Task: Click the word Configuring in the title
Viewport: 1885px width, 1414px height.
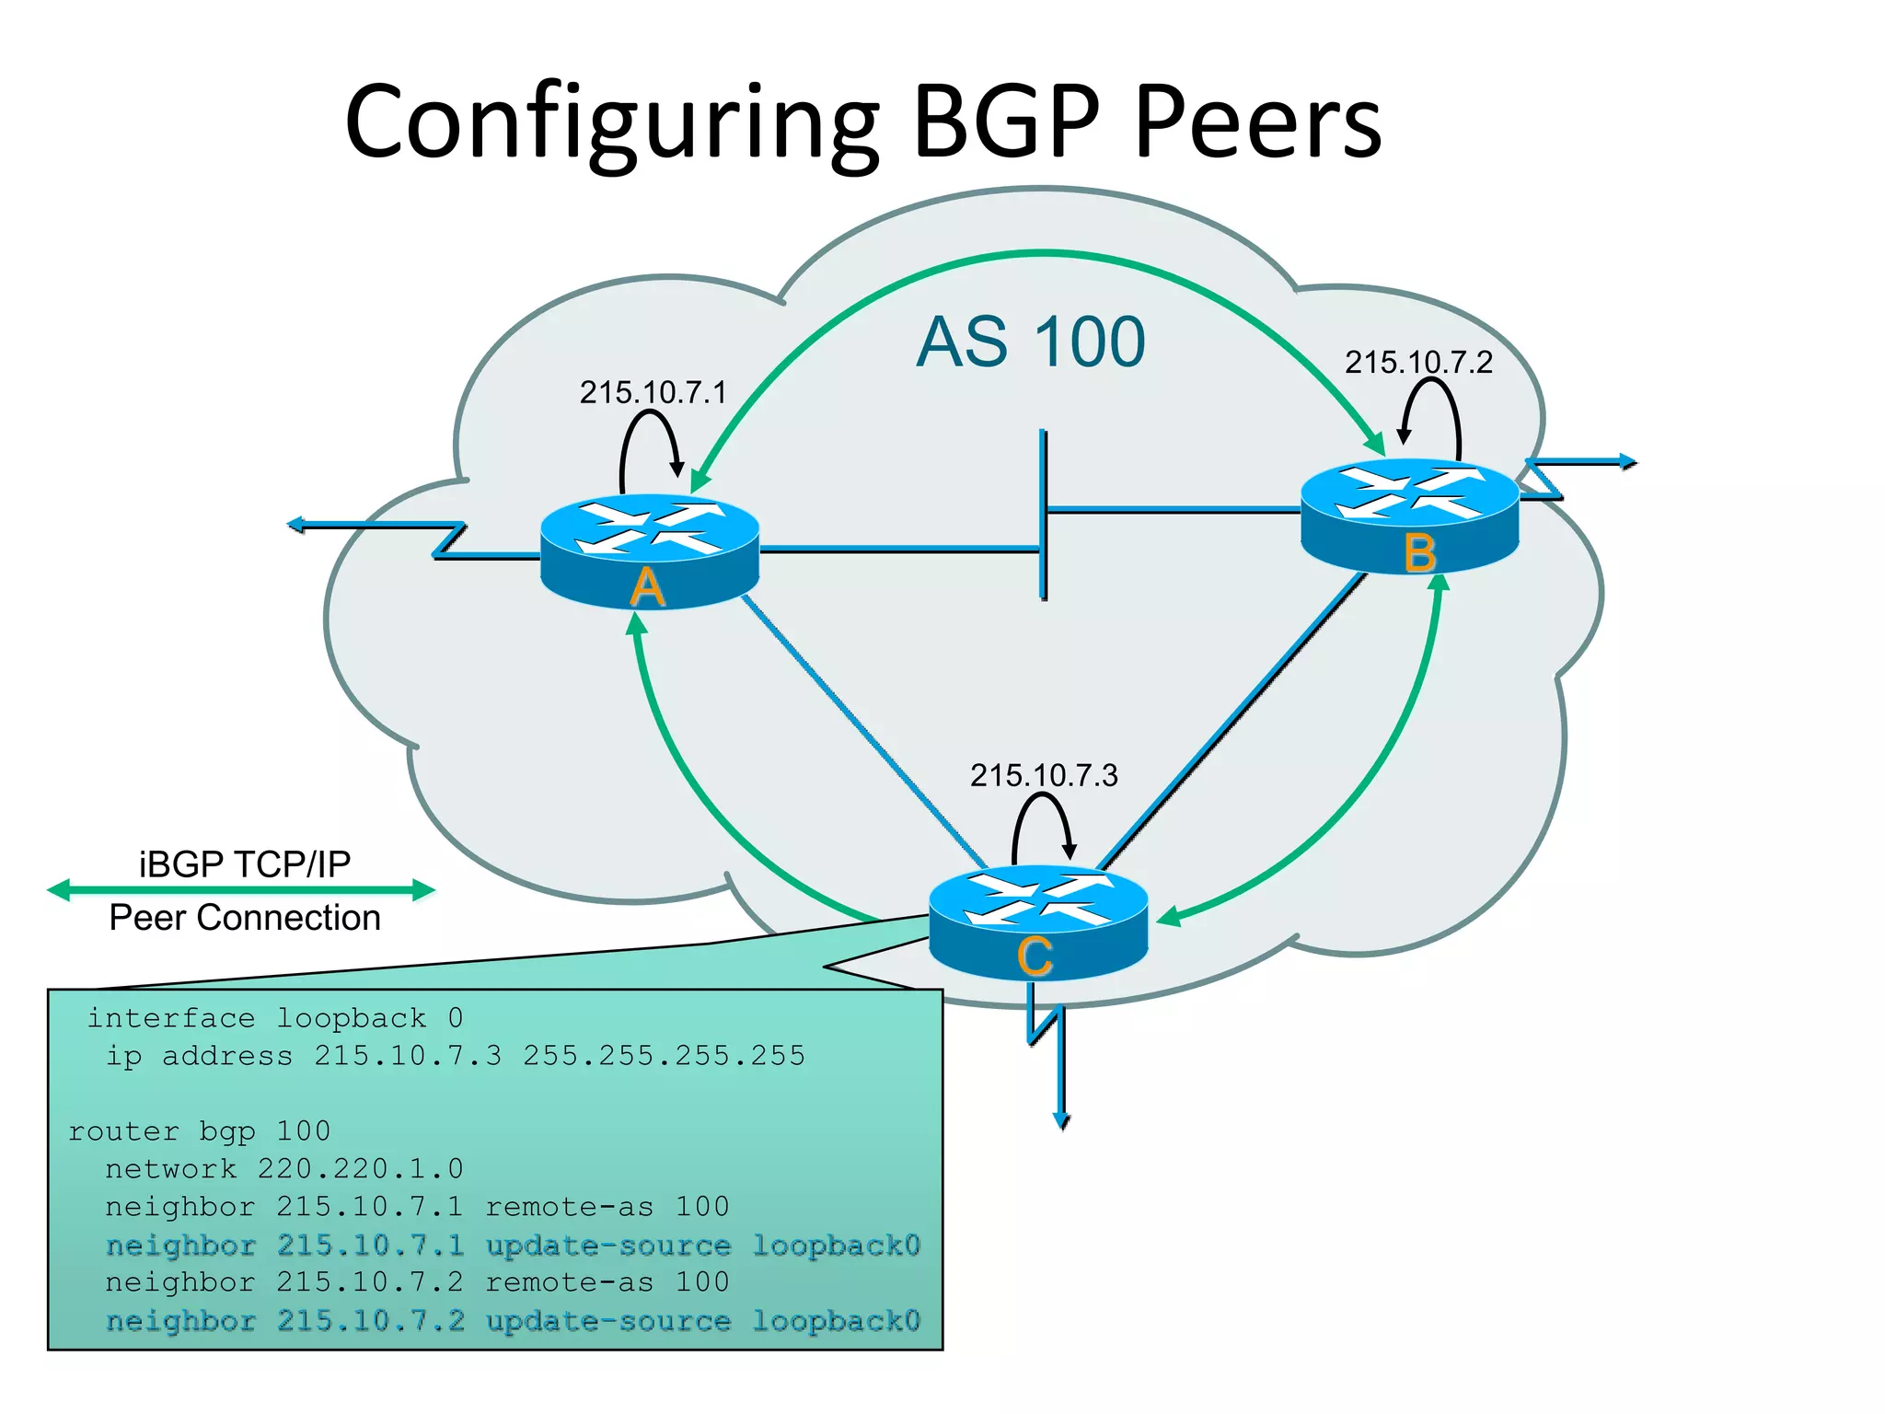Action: click(612, 124)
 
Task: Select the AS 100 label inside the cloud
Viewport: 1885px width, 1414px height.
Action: click(1031, 342)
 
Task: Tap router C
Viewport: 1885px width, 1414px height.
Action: click(1038, 921)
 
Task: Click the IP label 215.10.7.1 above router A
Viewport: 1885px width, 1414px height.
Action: click(653, 393)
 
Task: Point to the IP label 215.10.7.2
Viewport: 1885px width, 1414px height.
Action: click(1417, 363)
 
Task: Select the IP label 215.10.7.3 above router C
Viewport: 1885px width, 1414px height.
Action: click(1044, 775)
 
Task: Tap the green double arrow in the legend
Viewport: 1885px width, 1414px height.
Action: click(241, 890)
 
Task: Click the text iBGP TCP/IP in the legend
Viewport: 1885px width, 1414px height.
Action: click(245, 864)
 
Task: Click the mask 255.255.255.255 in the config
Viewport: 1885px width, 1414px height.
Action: click(664, 1056)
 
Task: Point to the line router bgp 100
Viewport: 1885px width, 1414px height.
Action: click(199, 1131)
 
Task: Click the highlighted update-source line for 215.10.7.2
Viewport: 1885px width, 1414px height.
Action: click(513, 1321)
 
